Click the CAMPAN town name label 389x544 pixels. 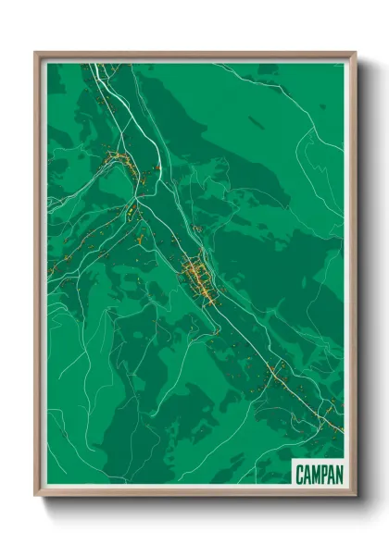[x=319, y=474]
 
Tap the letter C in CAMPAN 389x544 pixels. [x=300, y=474]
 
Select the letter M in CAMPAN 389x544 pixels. [x=316, y=474]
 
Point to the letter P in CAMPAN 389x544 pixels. [x=323, y=474]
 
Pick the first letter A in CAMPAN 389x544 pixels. [x=307, y=474]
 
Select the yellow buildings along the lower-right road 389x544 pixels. [x=276, y=374]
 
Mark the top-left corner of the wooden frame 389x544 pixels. [x=36, y=54]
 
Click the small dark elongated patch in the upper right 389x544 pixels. [x=257, y=123]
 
